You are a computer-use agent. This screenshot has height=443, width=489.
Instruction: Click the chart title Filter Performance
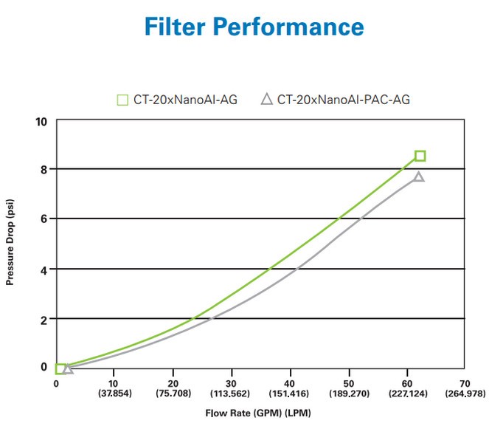[x=254, y=27]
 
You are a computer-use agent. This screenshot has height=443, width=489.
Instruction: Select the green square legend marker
[x=123, y=99]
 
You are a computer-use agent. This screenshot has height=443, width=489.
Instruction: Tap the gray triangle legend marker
[x=267, y=99]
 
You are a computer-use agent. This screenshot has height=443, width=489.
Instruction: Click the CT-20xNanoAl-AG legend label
[x=185, y=99]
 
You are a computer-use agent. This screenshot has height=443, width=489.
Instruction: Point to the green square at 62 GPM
[x=420, y=156]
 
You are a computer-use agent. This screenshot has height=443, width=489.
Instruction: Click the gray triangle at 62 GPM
[x=419, y=176]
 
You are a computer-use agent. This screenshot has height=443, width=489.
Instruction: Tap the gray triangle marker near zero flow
[x=68, y=368]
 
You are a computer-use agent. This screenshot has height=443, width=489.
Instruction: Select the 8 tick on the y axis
[x=44, y=170]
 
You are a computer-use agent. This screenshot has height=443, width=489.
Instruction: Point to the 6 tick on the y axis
[x=44, y=219]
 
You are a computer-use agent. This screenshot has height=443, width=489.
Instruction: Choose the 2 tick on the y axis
[x=44, y=319]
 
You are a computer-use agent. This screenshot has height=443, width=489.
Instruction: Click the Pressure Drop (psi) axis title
[x=11, y=244]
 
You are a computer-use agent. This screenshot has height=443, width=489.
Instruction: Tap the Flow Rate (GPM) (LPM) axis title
[x=257, y=413]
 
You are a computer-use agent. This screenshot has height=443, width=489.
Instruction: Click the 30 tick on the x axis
[x=232, y=384]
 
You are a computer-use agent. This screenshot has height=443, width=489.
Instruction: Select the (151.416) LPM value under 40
[x=290, y=394]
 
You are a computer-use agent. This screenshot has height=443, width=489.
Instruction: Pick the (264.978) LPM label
[x=465, y=394]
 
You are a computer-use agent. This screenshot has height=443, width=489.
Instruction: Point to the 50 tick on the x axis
[x=348, y=384]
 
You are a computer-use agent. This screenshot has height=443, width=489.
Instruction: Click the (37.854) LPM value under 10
[x=114, y=394]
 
